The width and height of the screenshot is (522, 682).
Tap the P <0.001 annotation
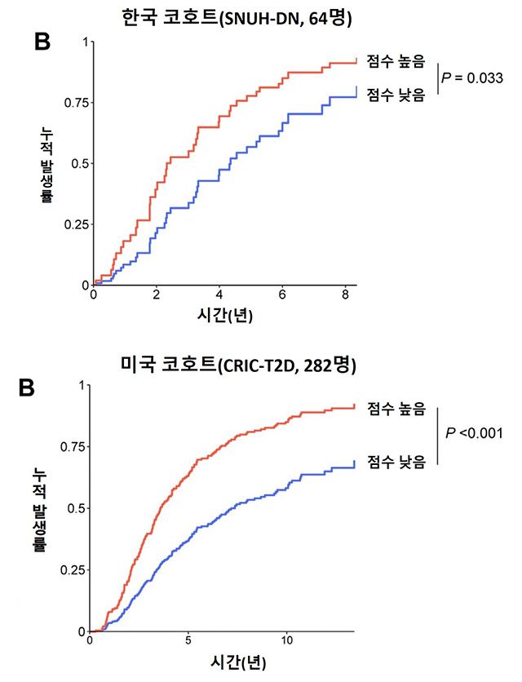[x=474, y=432]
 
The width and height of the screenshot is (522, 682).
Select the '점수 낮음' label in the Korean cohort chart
[x=396, y=95]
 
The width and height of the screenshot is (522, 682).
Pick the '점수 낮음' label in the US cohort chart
[x=396, y=462]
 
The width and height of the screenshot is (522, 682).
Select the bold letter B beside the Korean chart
[x=42, y=42]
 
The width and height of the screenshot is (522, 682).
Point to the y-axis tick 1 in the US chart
[x=81, y=386]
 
